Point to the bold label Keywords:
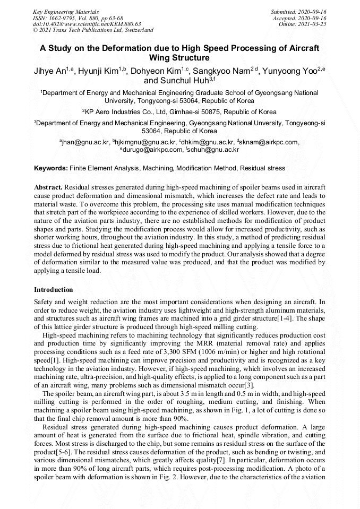click(51, 168)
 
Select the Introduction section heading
click(54, 290)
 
